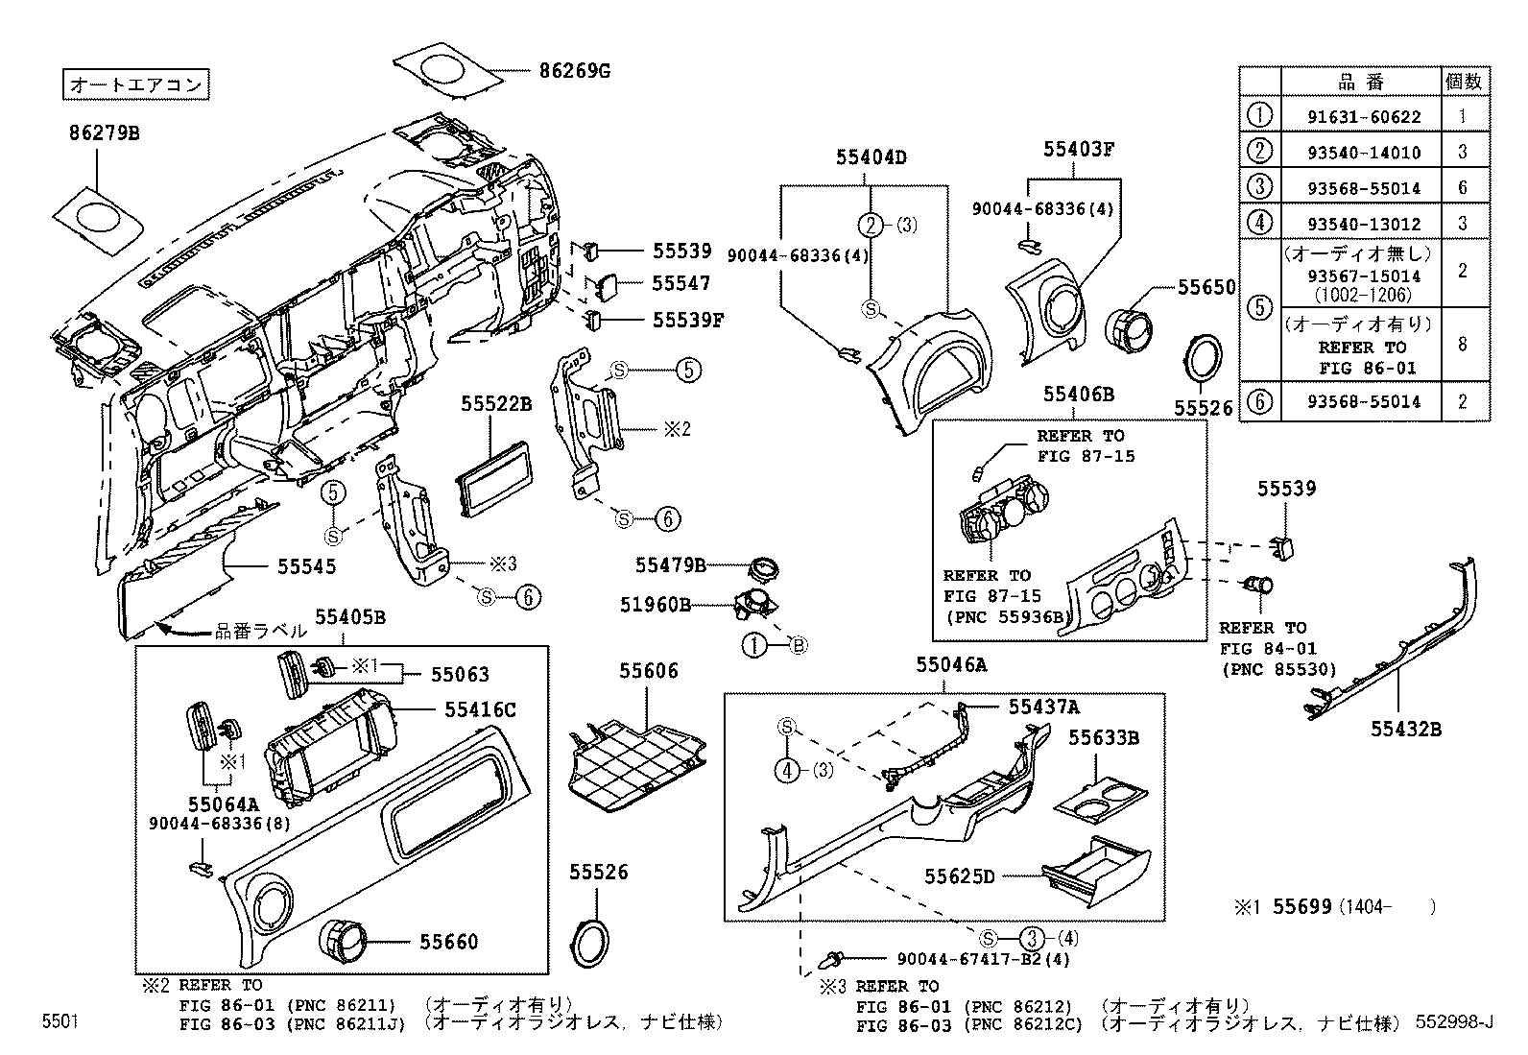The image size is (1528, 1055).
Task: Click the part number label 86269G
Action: coord(574,70)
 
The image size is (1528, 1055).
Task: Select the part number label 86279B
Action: coord(104,132)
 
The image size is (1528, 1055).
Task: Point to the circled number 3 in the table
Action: coord(1259,187)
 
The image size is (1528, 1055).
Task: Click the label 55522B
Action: coord(495,404)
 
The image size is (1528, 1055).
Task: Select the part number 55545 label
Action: coord(307,566)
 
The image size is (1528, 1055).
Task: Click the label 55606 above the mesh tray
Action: coord(648,671)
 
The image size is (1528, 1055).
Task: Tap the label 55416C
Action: coord(480,709)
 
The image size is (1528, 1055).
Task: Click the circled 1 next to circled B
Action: coord(755,646)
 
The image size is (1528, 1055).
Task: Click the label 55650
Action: coord(1207,287)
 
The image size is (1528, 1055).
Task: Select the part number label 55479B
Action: coord(670,564)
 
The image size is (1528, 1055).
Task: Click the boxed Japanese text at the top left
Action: coord(136,84)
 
